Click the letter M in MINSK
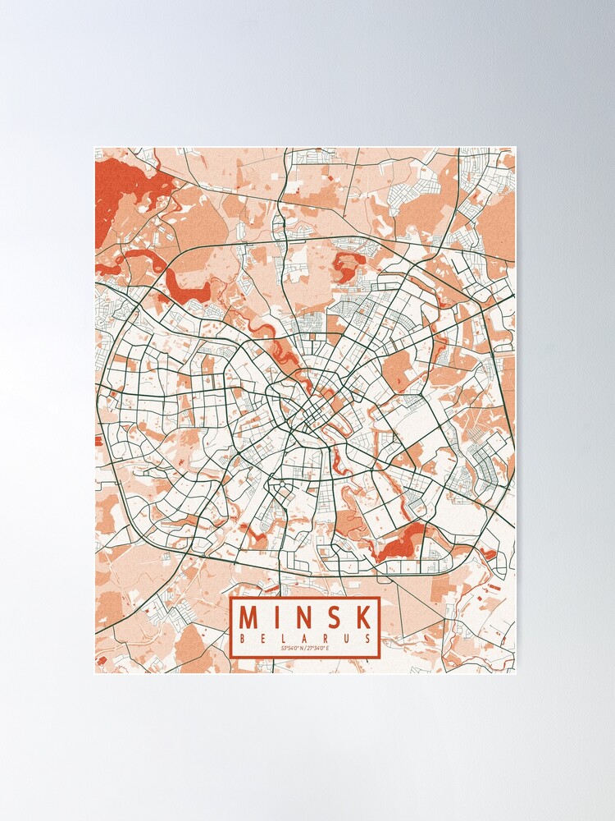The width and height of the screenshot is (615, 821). (x=250, y=617)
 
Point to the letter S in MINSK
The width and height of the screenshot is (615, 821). (x=334, y=617)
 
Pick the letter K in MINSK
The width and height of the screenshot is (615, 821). (x=362, y=617)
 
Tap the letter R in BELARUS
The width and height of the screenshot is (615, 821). (x=326, y=638)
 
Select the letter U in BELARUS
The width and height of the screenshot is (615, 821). (x=347, y=638)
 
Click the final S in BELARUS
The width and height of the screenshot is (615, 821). (x=367, y=638)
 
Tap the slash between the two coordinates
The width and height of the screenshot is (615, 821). (x=306, y=649)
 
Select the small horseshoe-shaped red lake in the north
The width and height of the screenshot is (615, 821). (x=348, y=267)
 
